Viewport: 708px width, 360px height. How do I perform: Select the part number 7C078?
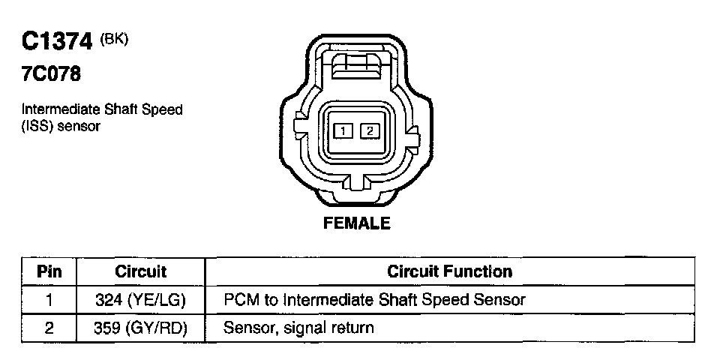[52, 74]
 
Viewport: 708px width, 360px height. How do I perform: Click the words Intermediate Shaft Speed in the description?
[102, 110]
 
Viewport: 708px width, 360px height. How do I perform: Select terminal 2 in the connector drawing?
[369, 132]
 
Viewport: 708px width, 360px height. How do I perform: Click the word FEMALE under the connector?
[356, 223]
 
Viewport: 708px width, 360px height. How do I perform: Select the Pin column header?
[49, 271]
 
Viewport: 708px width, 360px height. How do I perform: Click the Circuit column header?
[141, 271]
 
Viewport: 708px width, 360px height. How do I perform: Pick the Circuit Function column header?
[450, 271]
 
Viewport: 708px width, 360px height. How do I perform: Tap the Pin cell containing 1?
[49, 300]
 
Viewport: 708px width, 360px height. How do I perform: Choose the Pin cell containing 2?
[49, 328]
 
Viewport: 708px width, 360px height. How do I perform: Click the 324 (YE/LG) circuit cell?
[141, 300]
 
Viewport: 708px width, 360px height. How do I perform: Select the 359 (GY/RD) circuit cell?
[141, 328]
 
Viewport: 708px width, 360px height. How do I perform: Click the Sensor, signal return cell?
[299, 328]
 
